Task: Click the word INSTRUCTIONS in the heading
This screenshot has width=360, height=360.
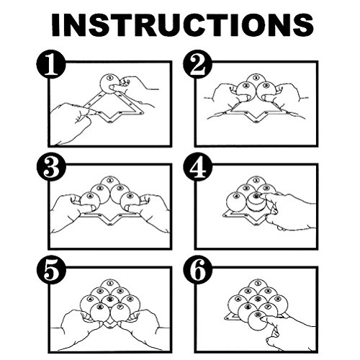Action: point(182,24)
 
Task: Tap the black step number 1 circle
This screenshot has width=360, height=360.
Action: point(51,64)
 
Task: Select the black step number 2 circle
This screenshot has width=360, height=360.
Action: point(198,64)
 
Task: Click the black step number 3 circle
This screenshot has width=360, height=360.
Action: point(51,167)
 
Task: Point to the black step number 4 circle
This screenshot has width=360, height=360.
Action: point(198,167)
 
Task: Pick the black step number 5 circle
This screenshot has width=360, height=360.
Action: point(51,270)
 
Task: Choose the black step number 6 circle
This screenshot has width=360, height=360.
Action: point(198,270)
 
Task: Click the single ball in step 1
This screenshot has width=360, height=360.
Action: point(109,84)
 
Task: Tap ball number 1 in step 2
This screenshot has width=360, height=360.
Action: point(256,81)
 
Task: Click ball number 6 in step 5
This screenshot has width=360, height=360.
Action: point(100,312)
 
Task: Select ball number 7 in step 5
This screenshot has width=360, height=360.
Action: point(120,312)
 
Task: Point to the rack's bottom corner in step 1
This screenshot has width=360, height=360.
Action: point(109,122)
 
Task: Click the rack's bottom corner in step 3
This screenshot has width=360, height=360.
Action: point(109,225)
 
